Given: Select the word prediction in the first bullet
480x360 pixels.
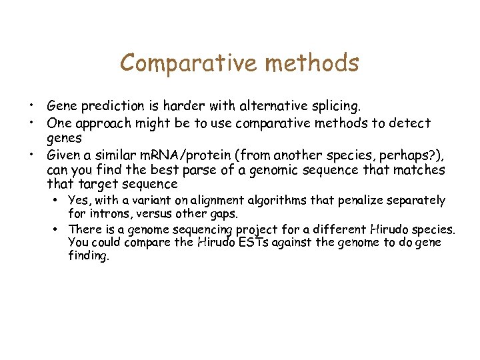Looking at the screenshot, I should pos(110,106).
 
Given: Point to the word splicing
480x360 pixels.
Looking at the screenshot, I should pos(335,105).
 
